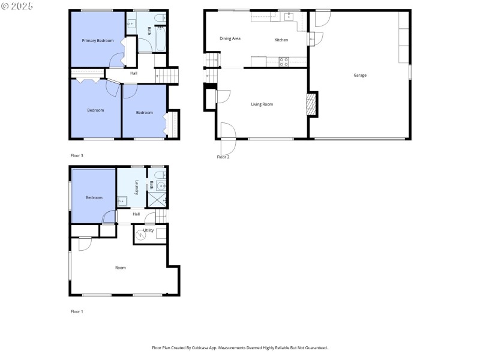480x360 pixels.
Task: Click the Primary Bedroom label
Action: click(x=98, y=40)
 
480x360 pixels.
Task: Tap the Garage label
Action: click(x=360, y=75)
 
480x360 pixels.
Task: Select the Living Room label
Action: click(x=262, y=104)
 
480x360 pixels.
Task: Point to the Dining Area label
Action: click(x=230, y=38)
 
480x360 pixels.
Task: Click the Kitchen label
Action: click(x=281, y=40)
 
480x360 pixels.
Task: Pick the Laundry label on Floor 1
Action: click(x=137, y=188)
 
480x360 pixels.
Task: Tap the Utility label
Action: click(x=148, y=230)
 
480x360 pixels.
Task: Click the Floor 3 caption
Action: click(x=77, y=155)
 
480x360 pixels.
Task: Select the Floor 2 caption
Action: click(x=223, y=157)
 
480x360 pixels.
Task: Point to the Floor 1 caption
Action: click(x=77, y=311)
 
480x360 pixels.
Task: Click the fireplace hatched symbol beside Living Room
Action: click(x=310, y=104)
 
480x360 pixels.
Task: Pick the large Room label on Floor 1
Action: click(x=121, y=268)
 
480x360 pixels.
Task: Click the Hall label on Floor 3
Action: click(x=133, y=74)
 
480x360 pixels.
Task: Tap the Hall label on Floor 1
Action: click(x=136, y=214)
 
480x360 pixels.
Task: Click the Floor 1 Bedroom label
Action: click(x=94, y=197)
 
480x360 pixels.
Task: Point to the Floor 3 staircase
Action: click(x=167, y=76)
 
